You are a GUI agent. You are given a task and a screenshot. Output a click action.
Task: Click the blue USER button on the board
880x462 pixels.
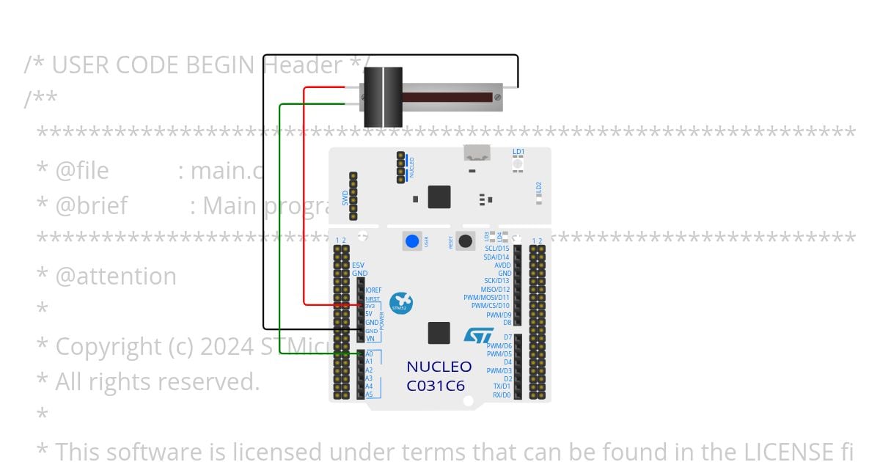coord(412,241)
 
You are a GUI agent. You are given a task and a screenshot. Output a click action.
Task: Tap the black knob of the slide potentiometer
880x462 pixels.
coord(384,97)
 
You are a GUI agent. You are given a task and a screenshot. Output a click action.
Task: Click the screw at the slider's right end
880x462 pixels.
coord(498,96)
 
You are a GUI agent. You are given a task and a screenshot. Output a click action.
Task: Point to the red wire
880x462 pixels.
coord(304,198)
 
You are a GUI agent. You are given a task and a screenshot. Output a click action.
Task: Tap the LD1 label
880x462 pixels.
coord(518,152)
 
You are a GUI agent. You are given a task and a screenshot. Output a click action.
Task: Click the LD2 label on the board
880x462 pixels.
coord(538,188)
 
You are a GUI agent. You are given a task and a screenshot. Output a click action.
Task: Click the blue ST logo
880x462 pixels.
coord(479,336)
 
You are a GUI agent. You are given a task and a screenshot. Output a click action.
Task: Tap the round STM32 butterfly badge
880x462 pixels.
coord(401,303)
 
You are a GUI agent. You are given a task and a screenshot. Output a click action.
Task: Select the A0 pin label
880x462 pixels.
coord(369,353)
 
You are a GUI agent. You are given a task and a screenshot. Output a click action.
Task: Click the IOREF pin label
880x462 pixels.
coord(373,290)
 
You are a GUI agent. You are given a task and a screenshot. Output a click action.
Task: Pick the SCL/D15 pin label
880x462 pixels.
coord(496,249)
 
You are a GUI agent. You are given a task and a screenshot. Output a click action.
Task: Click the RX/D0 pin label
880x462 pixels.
coord(502,395)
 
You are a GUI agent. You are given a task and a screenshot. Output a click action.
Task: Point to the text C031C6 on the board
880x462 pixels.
coord(436,385)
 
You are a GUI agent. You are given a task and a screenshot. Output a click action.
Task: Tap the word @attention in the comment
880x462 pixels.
coord(116,276)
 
